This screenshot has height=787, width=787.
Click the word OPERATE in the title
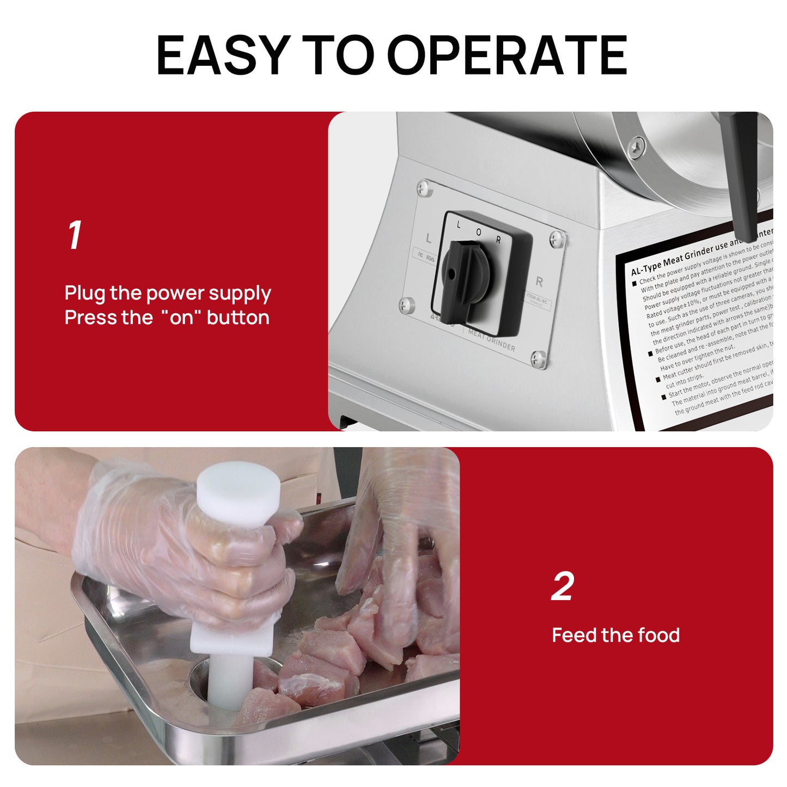pyautogui.click(x=507, y=55)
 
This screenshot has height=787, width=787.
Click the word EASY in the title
pyautogui.click(x=222, y=55)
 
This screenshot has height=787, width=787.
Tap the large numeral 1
pyautogui.click(x=75, y=235)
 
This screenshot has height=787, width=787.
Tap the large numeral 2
pyautogui.click(x=563, y=587)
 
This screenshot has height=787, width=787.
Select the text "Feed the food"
pyautogui.click(x=615, y=635)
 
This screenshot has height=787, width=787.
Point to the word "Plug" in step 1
pyautogui.click(x=85, y=294)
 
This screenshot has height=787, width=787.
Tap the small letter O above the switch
pyautogui.click(x=478, y=232)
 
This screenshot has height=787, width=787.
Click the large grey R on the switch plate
pyautogui.click(x=539, y=282)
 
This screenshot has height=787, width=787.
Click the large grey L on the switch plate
pyautogui.click(x=429, y=239)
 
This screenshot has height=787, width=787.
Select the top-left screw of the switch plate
pyautogui.click(x=423, y=188)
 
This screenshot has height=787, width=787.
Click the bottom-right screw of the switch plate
pyautogui.click(x=539, y=358)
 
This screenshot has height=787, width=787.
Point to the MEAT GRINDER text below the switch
pyautogui.click(x=491, y=340)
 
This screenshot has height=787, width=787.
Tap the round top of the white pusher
pyautogui.click(x=239, y=490)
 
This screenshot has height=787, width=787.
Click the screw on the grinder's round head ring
pyautogui.click(x=636, y=147)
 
